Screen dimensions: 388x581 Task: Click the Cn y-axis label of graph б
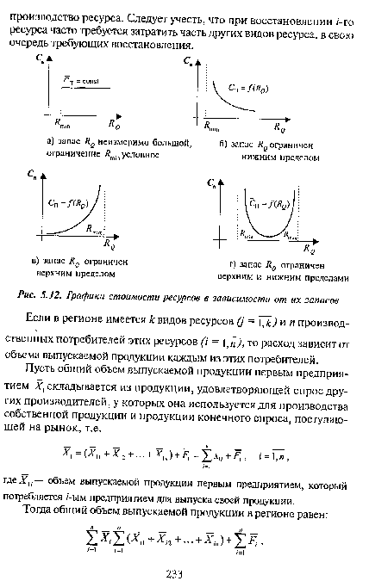pyautogui.click(x=188, y=63)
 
